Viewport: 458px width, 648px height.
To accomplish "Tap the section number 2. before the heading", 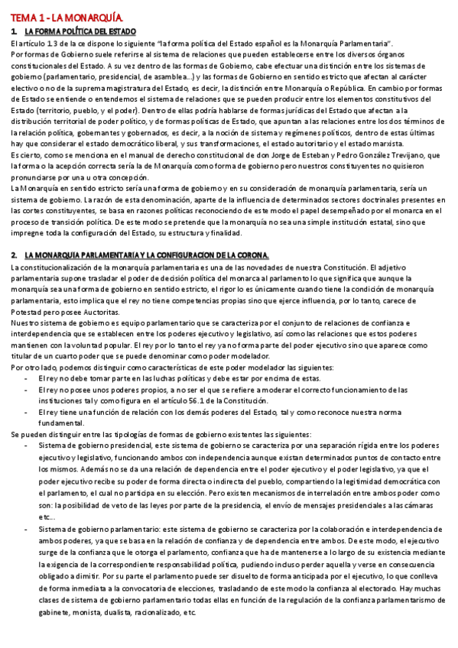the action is [15, 254].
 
